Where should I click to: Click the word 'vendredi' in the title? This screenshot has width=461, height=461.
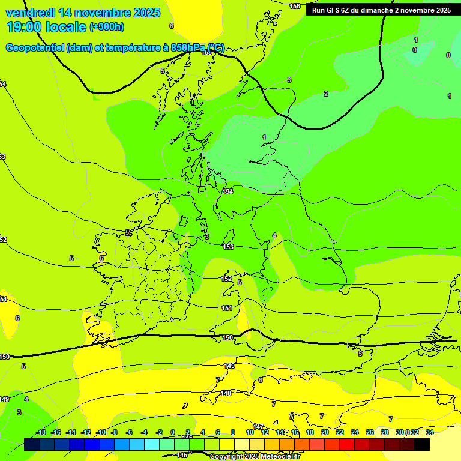click(x=30, y=13)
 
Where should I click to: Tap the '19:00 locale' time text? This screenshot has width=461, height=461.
click(x=46, y=27)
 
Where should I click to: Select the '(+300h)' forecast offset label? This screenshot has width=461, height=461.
click(x=106, y=27)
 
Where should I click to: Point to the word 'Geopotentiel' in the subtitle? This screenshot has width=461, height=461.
click(x=35, y=48)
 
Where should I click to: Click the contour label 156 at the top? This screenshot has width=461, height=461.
click(x=295, y=6)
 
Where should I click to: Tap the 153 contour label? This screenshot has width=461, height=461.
click(x=228, y=247)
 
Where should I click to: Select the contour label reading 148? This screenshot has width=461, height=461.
click(x=226, y=393)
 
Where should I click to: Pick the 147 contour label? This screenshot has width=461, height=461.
click(x=258, y=427)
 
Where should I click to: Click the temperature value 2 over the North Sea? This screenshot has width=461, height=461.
click(x=326, y=94)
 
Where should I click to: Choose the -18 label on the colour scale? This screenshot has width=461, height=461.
click(x=41, y=432)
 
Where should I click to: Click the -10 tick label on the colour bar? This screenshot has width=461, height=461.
click(x=101, y=432)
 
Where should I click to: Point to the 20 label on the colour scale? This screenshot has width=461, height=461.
click(x=324, y=432)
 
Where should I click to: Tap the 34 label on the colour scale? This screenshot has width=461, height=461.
click(x=429, y=432)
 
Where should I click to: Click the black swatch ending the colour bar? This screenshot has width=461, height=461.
click(x=422, y=444)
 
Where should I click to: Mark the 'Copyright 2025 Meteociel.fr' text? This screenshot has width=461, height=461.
click(x=255, y=456)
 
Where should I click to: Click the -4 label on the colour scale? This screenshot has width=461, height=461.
click(x=145, y=432)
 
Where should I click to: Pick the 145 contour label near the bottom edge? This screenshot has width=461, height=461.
click(x=182, y=455)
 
